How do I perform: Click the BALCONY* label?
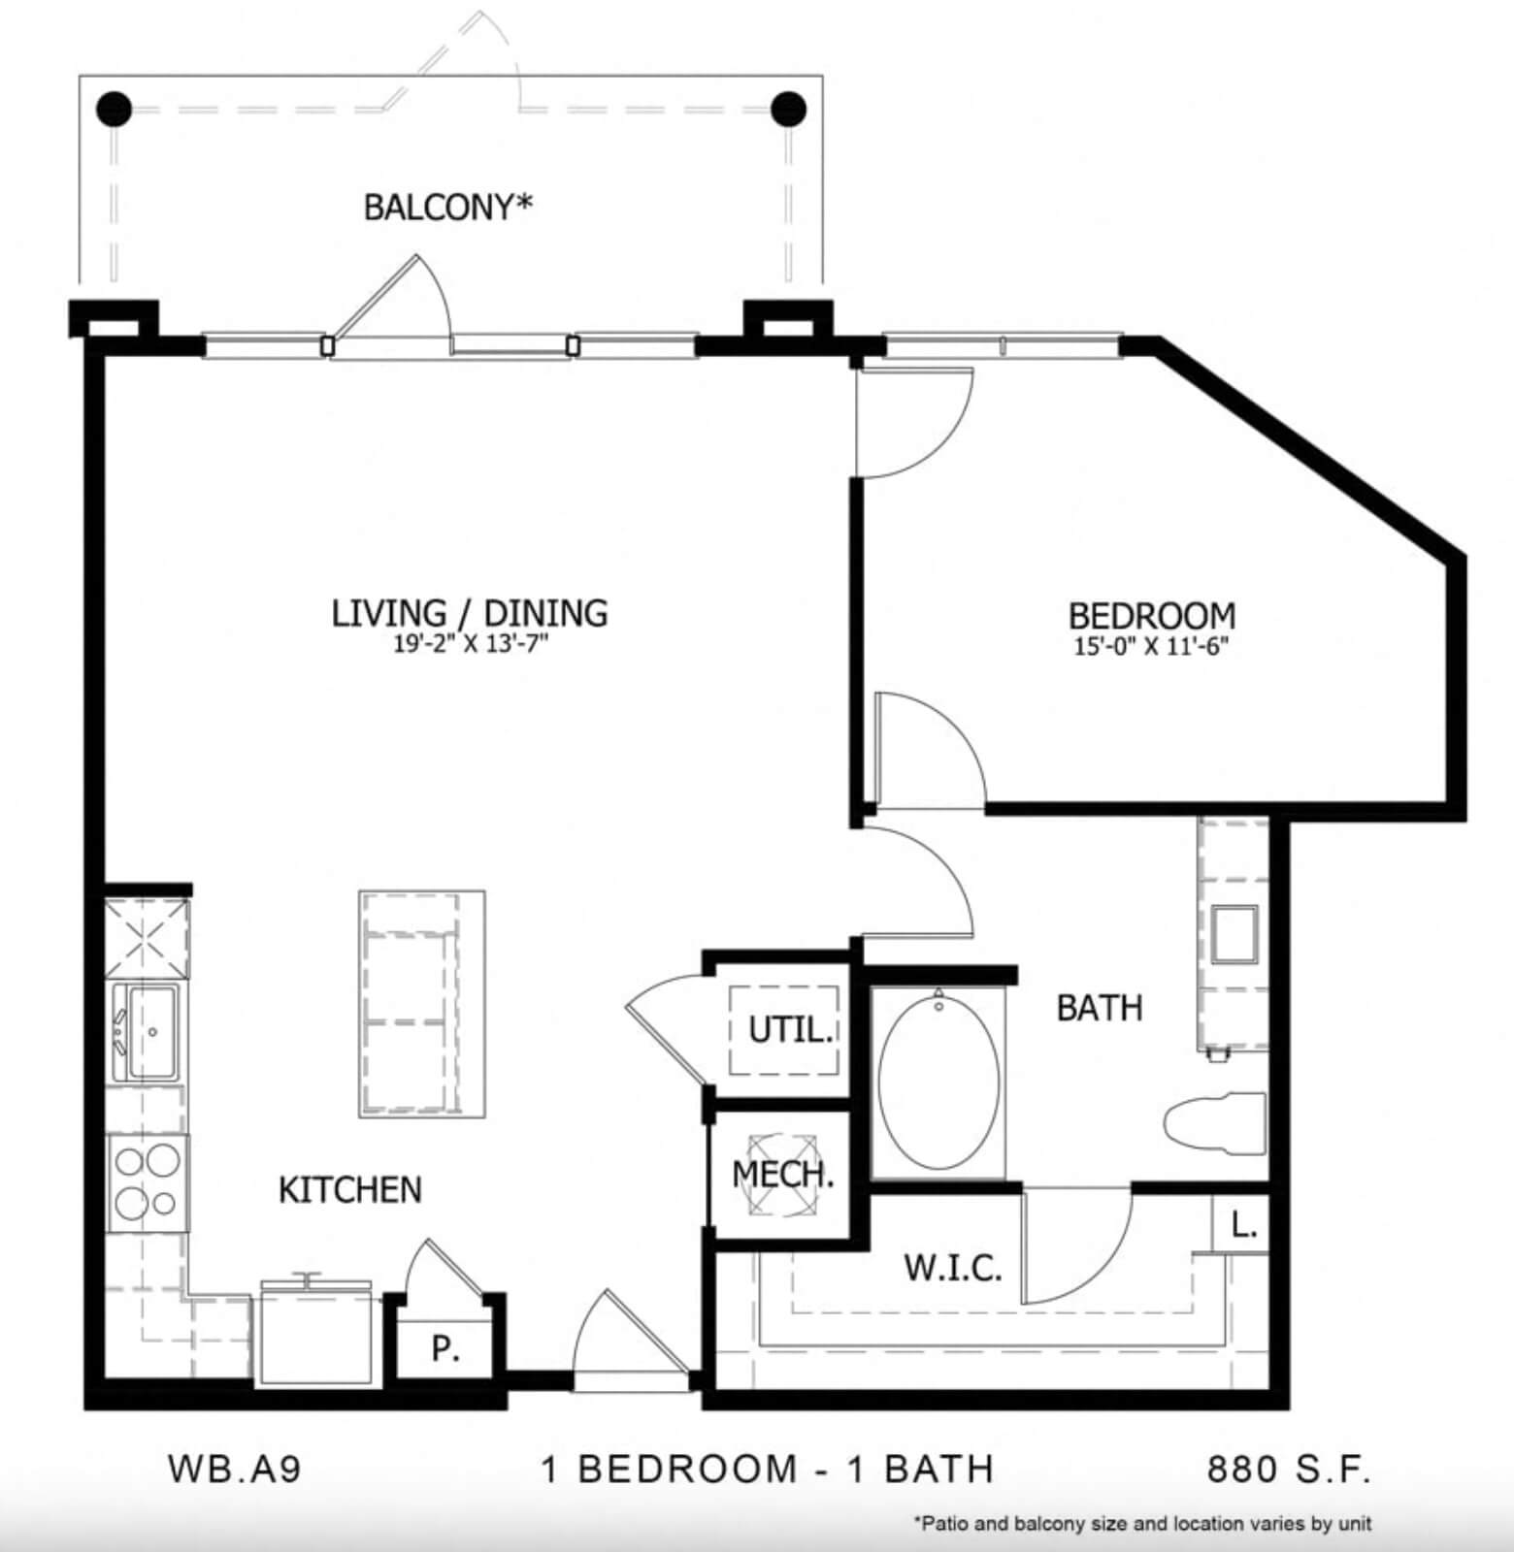pyautogui.click(x=448, y=207)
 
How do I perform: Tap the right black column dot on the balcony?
pyautogui.click(x=789, y=108)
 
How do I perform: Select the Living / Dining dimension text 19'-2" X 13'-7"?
pyautogui.click(x=471, y=644)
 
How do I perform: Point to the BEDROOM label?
pyautogui.click(x=1152, y=616)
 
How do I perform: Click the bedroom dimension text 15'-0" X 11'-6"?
pyautogui.click(x=1152, y=646)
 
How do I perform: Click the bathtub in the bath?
pyautogui.click(x=938, y=1082)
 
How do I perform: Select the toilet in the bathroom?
pyautogui.click(x=1215, y=1124)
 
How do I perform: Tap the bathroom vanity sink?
pyautogui.click(x=1234, y=933)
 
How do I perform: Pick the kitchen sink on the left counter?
pyautogui.click(x=146, y=1032)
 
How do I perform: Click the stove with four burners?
pyautogui.click(x=148, y=1182)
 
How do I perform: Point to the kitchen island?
pyautogui.click(x=422, y=1004)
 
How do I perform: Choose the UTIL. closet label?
pyautogui.click(x=790, y=1029)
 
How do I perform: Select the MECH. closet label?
pyautogui.click(x=782, y=1175)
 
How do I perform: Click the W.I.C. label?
pyautogui.click(x=952, y=1268)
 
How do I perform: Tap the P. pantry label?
pyautogui.click(x=445, y=1349)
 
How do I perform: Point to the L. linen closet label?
pyautogui.click(x=1243, y=1226)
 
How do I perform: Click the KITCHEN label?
pyautogui.click(x=350, y=1190)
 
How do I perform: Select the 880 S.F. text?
pyautogui.click(x=1289, y=1470)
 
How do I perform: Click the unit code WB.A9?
pyautogui.click(x=235, y=1469)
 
